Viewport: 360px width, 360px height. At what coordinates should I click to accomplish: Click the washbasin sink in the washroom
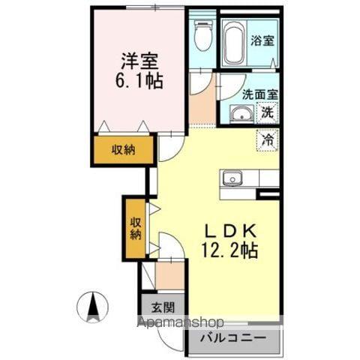[x=241, y=115]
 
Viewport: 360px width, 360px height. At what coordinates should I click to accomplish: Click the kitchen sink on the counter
[x=232, y=178]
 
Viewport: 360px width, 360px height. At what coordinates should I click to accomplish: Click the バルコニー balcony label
[x=237, y=339]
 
